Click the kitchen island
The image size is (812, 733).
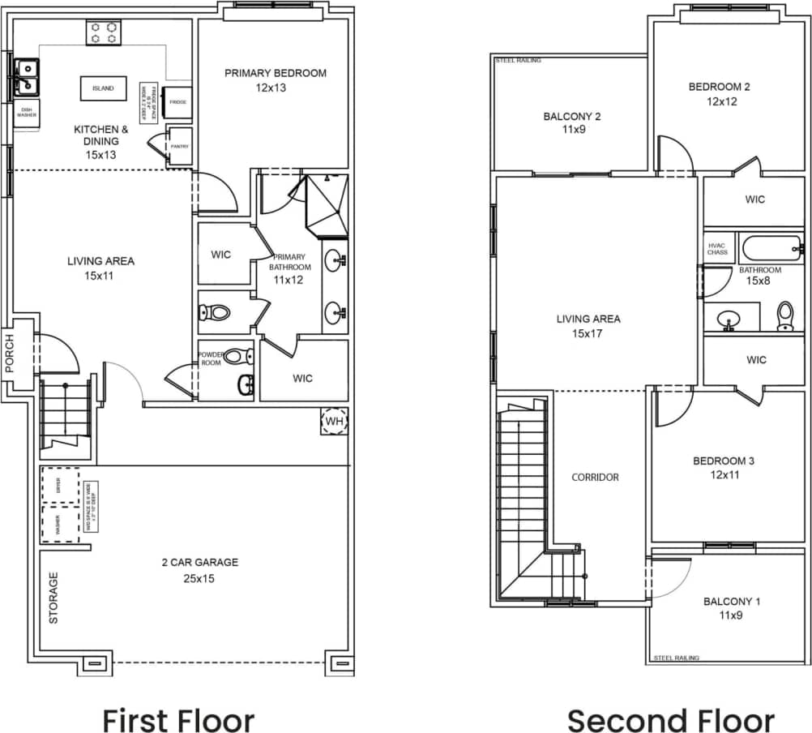103,88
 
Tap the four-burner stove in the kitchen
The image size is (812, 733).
104,32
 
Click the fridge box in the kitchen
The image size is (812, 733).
177,102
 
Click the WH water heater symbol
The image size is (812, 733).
334,421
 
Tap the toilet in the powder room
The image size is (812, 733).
235,355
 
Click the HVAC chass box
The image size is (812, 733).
717,248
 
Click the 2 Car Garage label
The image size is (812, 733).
199,562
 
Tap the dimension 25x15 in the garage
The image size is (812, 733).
199,579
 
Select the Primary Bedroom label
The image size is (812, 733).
276,73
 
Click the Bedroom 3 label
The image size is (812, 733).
723,461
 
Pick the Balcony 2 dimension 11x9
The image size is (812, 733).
571,130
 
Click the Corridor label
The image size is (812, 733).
595,478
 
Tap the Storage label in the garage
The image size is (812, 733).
53,598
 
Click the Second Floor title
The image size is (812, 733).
670,719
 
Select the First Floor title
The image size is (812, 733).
178,719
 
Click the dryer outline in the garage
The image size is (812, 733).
59,485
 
